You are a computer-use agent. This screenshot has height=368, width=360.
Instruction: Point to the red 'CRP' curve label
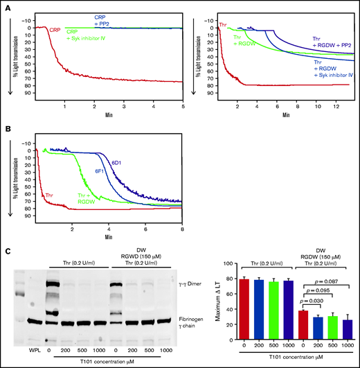pyautogui.click(x=55, y=29)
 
